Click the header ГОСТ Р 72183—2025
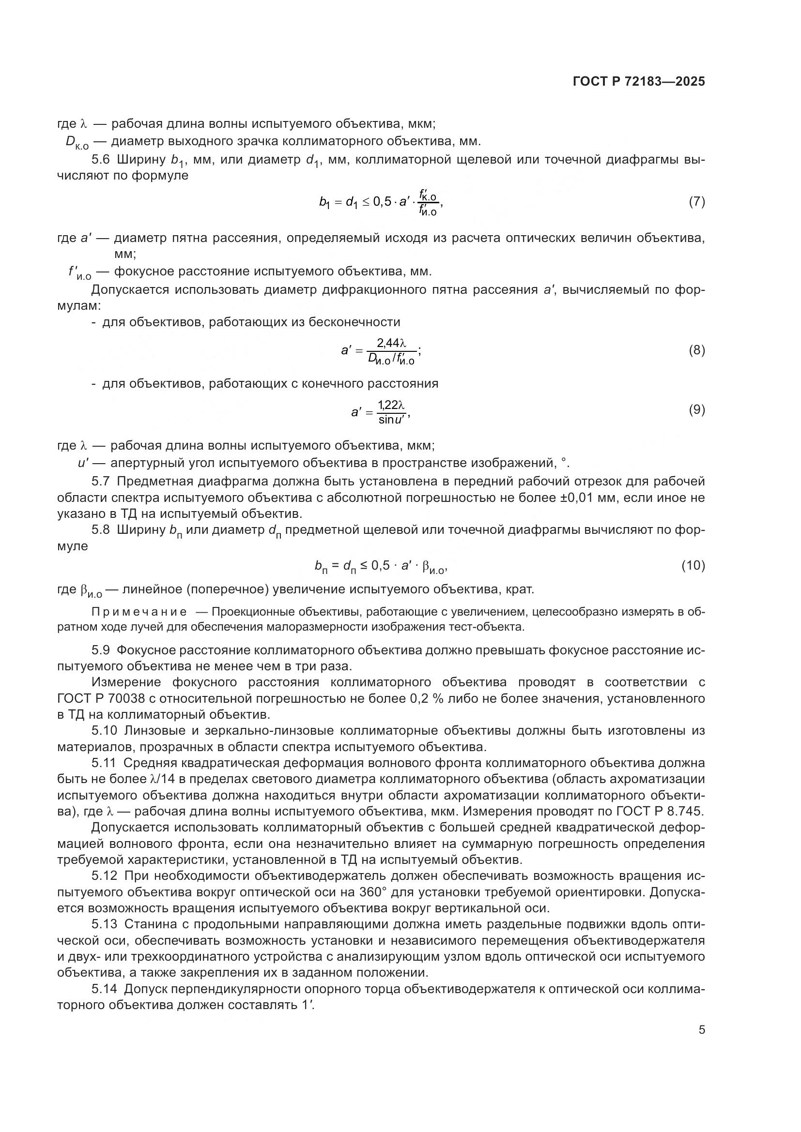coord(639,82)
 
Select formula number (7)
coord(696,202)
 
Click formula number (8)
coord(696,350)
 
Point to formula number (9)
coord(696,410)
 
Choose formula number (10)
coord(693,565)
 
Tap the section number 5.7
coord(102,481)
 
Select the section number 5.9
coord(102,650)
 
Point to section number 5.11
coord(104,763)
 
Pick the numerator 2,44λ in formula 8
coord(391,343)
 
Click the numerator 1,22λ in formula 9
coord(391,405)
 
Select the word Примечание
coord(139,612)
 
